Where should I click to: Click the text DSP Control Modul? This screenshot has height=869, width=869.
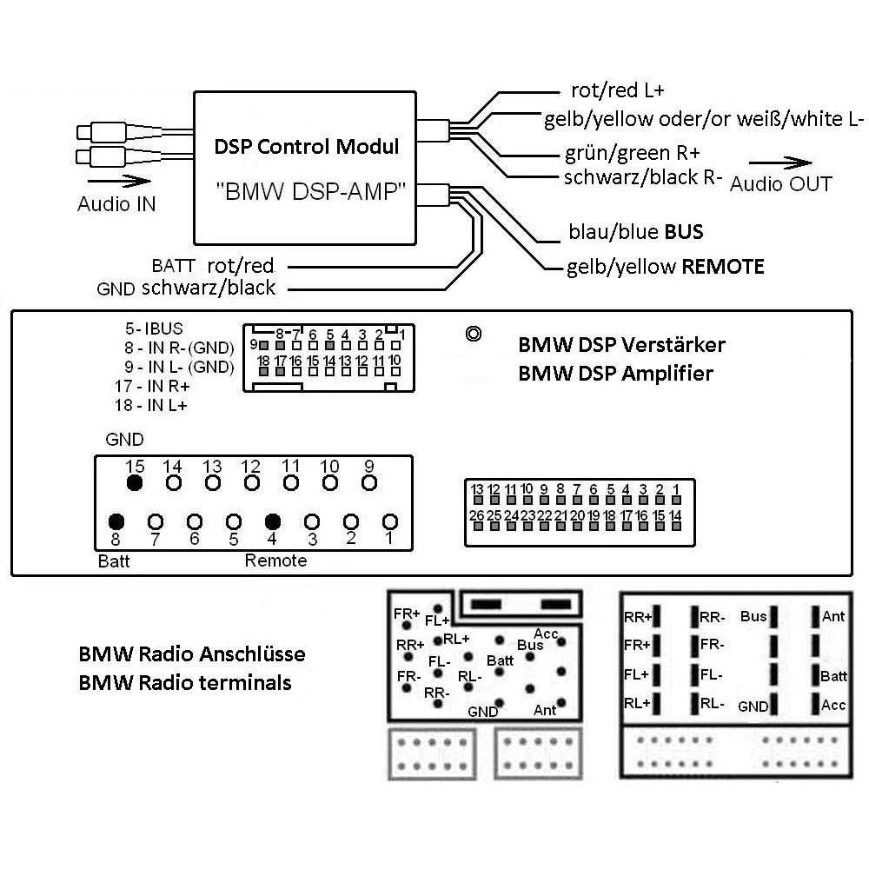307,146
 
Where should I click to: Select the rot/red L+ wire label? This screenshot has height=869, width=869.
618,90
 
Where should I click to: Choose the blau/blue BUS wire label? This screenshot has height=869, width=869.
635,232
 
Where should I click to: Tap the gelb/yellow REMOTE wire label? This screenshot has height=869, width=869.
665,267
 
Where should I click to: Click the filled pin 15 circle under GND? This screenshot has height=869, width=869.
134,482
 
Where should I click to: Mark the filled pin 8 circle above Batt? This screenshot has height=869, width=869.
116,521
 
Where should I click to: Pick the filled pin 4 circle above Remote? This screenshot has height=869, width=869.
273,521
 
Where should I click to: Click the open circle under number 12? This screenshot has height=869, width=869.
251,482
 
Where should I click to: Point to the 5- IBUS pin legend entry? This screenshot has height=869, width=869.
154,329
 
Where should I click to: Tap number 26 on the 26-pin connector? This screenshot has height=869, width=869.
476,515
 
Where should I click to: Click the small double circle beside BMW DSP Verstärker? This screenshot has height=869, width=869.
474,334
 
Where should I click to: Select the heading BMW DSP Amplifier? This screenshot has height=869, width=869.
615,374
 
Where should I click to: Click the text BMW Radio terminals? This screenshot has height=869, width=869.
184,682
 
